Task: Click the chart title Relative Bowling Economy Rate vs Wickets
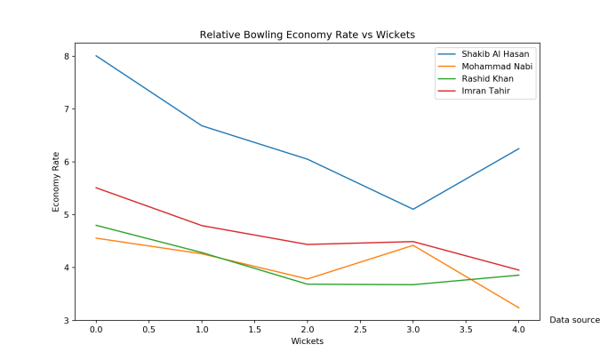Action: pos(308,35)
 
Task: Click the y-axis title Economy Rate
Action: pos(56,181)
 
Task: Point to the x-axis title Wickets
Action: pos(308,341)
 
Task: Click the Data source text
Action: pos(574,320)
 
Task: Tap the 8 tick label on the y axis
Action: pos(66,56)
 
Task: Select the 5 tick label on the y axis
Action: pos(66,215)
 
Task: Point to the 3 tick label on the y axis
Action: pos(66,320)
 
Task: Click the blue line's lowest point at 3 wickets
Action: pos(413,209)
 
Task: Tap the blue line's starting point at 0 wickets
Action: pos(96,56)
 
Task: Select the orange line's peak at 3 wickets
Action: pos(413,245)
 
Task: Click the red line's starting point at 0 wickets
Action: pos(96,188)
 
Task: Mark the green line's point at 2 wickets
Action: pos(308,284)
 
